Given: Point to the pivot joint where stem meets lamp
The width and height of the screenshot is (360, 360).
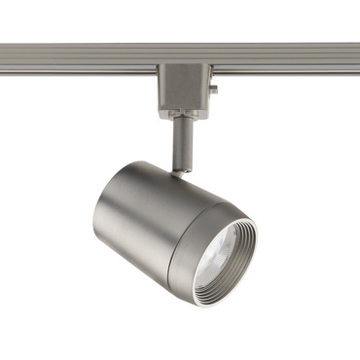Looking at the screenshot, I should click(179, 171).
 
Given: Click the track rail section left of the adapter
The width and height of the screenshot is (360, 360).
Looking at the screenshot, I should click(78, 55).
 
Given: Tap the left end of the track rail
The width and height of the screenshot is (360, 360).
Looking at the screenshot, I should click(4, 55).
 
